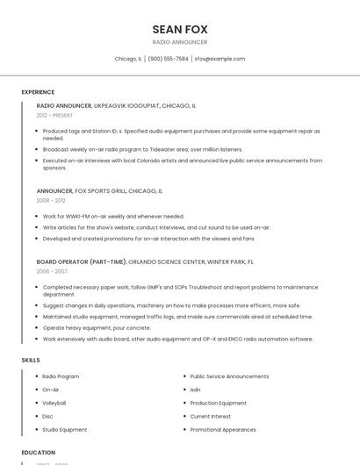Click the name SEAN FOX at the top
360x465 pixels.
(180, 29)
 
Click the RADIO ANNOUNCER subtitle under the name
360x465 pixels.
(180, 42)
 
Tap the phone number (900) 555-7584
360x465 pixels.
(168, 59)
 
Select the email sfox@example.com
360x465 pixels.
(220, 59)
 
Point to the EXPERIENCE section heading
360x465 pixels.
(38, 91)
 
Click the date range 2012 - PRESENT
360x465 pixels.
(54, 115)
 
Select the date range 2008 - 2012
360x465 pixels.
(51, 200)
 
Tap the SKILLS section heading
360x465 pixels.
(30, 360)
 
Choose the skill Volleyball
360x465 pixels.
(54, 403)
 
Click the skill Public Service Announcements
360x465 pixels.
(229, 376)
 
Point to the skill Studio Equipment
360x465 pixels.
(65, 430)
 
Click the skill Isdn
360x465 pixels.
(195, 390)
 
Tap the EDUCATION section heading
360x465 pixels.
(38, 453)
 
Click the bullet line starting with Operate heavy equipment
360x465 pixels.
(97, 327)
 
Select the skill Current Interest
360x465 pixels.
(211, 416)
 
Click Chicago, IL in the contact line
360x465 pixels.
(128, 59)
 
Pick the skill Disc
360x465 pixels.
(47, 416)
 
